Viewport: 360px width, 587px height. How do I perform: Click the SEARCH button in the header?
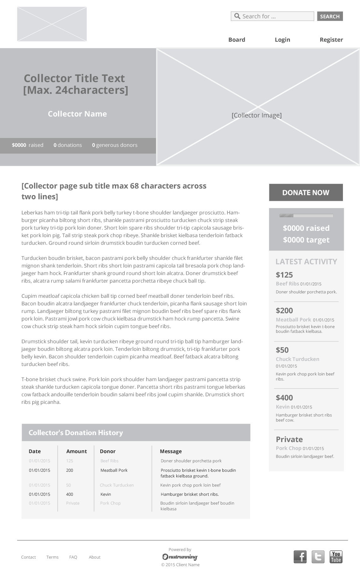tap(330, 16)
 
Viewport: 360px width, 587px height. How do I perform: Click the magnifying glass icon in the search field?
tap(237, 16)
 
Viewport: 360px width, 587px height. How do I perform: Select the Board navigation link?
tap(237, 40)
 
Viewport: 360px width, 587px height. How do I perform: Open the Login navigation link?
tap(282, 40)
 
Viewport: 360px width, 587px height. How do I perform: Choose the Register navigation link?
tap(331, 40)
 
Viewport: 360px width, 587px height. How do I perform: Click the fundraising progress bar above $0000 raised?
tap(306, 216)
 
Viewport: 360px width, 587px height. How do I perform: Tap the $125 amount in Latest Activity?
tap(284, 275)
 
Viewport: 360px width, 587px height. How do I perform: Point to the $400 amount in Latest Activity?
tap(284, 398)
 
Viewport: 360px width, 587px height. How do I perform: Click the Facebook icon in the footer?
tap(300, 557)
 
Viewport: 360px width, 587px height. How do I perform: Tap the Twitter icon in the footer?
tap(318, 557)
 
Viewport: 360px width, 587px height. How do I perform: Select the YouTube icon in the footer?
tap(336, 557)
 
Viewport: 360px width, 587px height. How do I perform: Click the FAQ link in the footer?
tap(73, 557)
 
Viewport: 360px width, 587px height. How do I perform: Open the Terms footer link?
tap(52, 557)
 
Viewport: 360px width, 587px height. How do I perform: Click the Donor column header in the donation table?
tap(108, 452)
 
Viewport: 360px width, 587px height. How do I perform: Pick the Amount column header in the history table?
tap(76, 452)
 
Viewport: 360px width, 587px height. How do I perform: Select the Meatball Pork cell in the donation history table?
tap(114, 470)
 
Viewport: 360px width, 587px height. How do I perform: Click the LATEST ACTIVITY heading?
tap(306, 262)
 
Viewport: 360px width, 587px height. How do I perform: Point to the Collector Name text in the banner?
tap(77, 114)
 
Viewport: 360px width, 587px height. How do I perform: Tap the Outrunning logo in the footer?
tap(180, 557)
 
